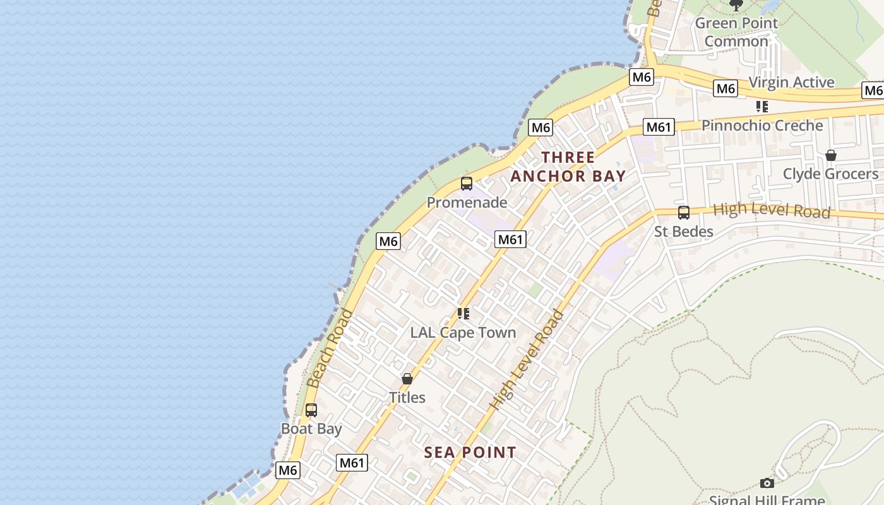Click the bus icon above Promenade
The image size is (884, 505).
(467, 184)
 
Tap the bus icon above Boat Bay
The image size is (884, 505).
(311, 410)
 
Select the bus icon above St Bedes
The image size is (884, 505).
(684, 213)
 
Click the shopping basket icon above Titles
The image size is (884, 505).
(407, 379)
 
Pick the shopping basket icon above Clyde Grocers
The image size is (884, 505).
(831, 155)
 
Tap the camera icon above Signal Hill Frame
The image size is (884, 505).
(767, 483)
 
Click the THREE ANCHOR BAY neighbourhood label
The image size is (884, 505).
(568, 167)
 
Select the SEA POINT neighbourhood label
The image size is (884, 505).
(470, 453)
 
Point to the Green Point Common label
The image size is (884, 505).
(736, 32)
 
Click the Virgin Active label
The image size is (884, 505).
(791, 83)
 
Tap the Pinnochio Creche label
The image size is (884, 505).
(762, 126)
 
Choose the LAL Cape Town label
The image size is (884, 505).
(463, 333)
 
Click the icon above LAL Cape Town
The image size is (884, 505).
(463, 313)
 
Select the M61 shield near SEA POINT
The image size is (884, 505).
(352, 463)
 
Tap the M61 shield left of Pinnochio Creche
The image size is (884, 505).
(659, 128)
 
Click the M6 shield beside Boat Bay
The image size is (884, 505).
(287, 470)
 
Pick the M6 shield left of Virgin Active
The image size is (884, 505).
(726, 89)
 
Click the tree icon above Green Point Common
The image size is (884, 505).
(736, 5)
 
